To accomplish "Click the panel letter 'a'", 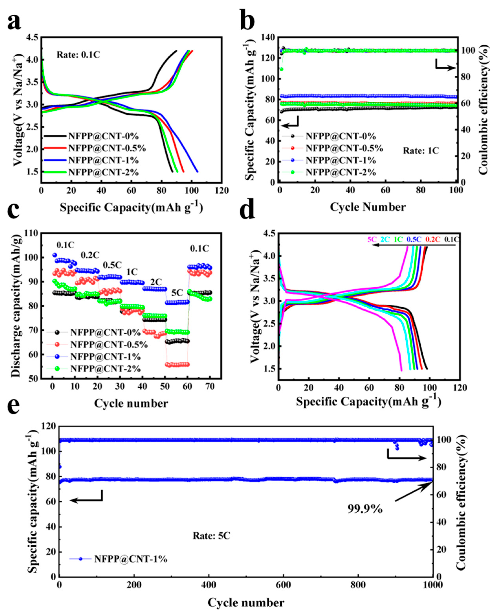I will point(14,22).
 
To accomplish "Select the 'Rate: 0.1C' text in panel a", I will point(78,55).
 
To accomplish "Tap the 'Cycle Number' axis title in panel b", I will point(368,207).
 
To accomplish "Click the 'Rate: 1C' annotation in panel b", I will point(421,150).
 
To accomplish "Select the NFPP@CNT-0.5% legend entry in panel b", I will point(344,148).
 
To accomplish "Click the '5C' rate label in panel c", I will point(177,293).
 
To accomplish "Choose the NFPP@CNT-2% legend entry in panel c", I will point(106,368).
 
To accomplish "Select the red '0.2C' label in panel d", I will point(433,239).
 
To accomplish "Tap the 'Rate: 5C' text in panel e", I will point(211,536).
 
